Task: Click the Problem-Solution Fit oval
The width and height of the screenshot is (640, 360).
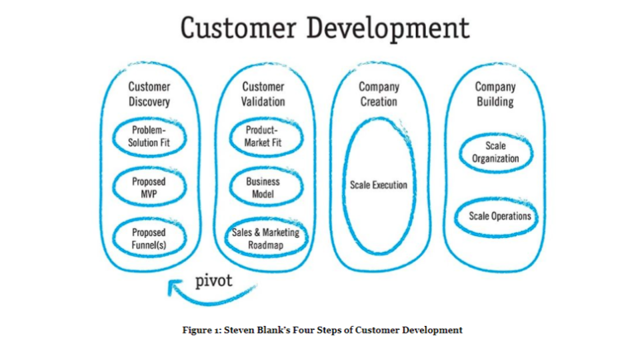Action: (x=149, y=137)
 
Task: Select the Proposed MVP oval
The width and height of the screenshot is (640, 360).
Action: (x=149, y=187)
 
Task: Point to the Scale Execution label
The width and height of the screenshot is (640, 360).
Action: (x=379, y=185)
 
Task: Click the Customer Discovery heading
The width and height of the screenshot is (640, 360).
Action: (x=149, y=94)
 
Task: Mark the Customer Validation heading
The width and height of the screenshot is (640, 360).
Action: (x=263, y=94)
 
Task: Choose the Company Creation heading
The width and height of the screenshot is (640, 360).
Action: (x=379, y=94)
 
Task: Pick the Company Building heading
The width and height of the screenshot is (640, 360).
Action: (x=495, y=94)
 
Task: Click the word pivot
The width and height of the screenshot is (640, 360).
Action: (x=213, y=281)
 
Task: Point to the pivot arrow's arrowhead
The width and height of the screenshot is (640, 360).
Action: (x=174, y=287)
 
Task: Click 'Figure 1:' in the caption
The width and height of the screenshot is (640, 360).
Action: (x=202, y=330)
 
